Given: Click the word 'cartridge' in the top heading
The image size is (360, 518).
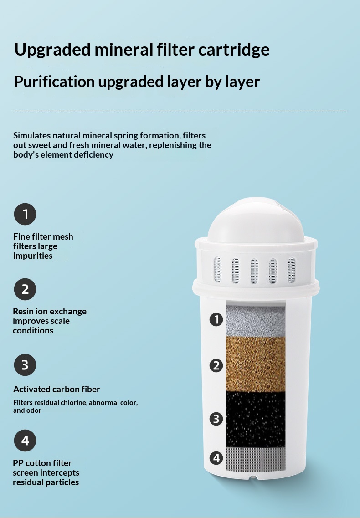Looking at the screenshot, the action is coord(234,50).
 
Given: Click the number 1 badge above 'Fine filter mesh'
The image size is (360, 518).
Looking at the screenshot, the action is coord(25,214).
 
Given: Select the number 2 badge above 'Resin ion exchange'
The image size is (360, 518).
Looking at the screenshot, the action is coord(25,289).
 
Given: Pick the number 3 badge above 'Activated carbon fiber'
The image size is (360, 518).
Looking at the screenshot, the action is coord(25,365).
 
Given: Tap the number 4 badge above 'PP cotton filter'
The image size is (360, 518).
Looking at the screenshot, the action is coord(25,441).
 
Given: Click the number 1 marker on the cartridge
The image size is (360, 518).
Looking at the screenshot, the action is coord(216,319).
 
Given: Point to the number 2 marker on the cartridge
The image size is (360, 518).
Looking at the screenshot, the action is coord(216,366).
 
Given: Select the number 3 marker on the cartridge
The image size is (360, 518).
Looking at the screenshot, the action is coord(216,419).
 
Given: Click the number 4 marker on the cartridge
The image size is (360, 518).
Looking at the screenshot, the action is coord(216,458).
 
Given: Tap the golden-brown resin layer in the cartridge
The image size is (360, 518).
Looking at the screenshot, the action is coord(256,364).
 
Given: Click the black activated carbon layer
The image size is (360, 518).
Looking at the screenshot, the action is coord(256,420).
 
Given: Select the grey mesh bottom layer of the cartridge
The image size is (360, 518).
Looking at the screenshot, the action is coord(256,459).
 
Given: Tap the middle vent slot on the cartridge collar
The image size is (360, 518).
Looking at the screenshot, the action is coord(254,271).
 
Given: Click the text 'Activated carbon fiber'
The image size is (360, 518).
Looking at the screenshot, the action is coord(57,390).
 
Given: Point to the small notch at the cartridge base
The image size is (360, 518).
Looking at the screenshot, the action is coord(253,477).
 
